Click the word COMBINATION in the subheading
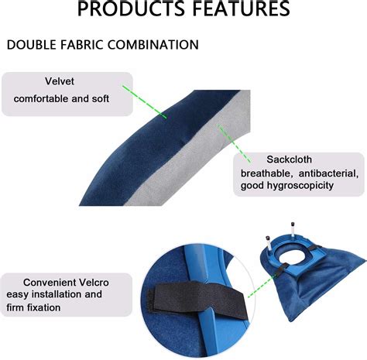[x=153, y=45]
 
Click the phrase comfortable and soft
[x=62, y=99]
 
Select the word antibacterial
[x=326, y=172]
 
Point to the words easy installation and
[x=54, y=295]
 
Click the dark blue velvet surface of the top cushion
[x=155, y=155]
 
